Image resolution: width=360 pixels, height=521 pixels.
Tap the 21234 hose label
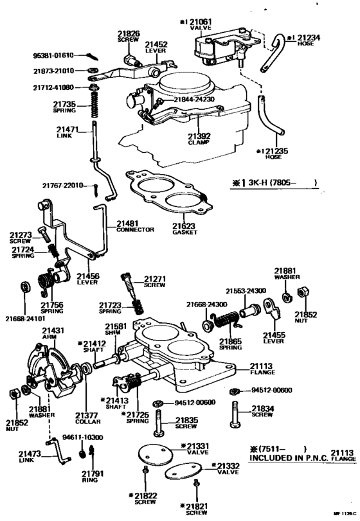[307, 40]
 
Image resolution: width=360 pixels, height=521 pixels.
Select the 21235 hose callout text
[274, 154]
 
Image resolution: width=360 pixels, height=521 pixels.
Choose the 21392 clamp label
[199, 139]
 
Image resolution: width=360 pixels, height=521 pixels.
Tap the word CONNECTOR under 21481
[135, 229]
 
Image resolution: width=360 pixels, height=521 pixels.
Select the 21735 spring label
[64, 106]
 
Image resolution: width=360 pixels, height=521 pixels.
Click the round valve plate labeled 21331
[153, 455]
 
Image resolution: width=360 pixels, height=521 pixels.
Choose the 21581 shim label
[116, 329]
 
